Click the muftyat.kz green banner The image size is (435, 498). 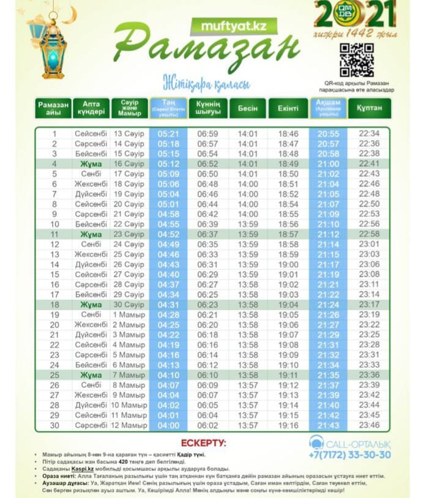[x=234, y=26]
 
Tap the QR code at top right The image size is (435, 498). [x=357, y=61]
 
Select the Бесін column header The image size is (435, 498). [x=248, y=108]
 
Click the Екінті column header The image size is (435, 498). [x=288, y=108]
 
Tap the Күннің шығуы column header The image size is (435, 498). [x=208, y=108]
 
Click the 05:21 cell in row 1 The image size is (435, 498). [x=168, y=133]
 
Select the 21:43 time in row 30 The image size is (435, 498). [x=329, y=425]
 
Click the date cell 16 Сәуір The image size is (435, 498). [x=129, y=164]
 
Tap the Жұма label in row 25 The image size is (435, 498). [x=91, y=374]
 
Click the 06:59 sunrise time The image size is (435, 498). [x=208, y=133]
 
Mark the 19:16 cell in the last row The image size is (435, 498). [x=288, y=425]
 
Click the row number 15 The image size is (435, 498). [x=54, y=275]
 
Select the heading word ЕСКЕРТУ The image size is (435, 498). [x=204, y=442]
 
